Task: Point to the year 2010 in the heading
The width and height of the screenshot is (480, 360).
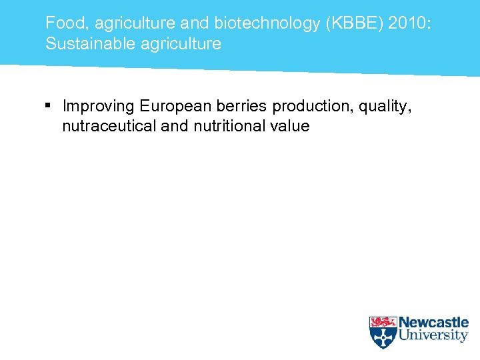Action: (412, 23)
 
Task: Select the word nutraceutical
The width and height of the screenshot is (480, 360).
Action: (109, 126)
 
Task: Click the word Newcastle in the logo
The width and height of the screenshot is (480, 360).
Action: (433, 323)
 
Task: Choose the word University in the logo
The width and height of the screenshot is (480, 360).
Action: (433, 335)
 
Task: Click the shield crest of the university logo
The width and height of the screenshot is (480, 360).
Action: (383, 332)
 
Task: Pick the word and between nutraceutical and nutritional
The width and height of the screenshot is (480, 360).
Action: (175, 126)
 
